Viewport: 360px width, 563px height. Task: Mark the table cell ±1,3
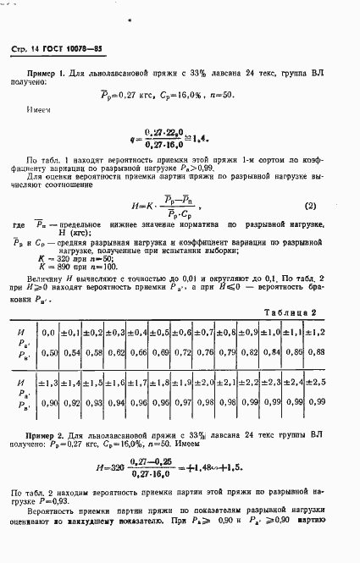click(50, 383)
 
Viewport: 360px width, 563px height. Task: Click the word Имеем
click(40, 109)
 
